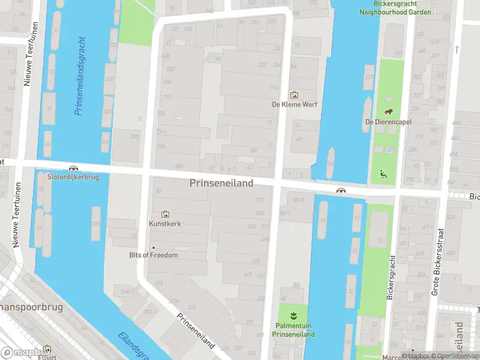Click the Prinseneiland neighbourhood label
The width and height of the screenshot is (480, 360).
pyautogui.click(x=221, y=182)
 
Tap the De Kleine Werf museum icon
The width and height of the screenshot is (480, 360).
pyautogui.click(x=294, y=95)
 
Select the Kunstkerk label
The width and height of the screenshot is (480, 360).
pyautogui.click(x=165, y=224)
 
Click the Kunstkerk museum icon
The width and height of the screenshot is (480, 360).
pyautogui.click(x=165, y=214)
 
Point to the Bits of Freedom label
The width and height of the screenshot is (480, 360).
pyautogui.click(x=154, y=255)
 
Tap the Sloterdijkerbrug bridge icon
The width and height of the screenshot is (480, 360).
pyautogui.click(x=73, y=169)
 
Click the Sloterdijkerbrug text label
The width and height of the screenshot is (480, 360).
pyautogui.click(x=73, y=177)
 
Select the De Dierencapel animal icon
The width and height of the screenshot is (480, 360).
pyautogui.click(x=388, y=112)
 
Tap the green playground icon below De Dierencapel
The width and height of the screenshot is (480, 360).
pyautogui.click(x=383, y=175)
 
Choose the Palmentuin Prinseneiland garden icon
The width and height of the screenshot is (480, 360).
pyautogui.click(x=293, y=316)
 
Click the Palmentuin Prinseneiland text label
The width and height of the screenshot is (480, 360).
pyautogui.click(x=293, y=330)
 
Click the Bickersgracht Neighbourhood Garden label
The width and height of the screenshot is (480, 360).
pyautogui.click(x=387, y=7)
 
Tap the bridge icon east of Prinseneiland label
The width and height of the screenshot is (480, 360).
pyautogui.click(x=341, y=190)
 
